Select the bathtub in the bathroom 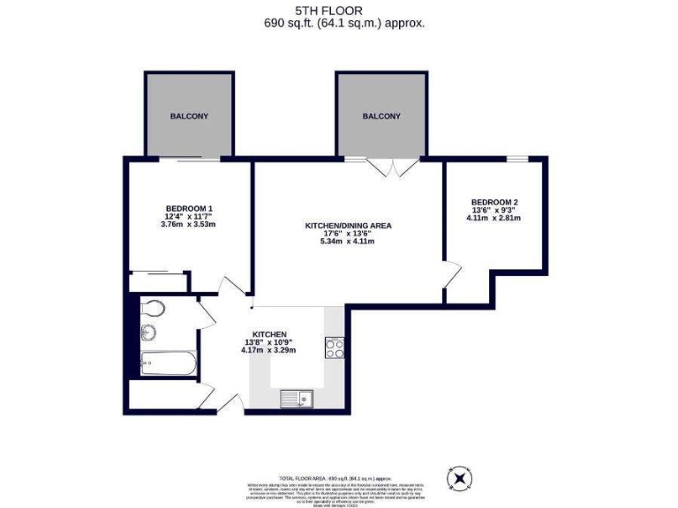click(x=169, y=362)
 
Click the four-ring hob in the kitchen click(x=335, y=347)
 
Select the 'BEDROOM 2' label click(x=493, y=200)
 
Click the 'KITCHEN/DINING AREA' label click(x=348, y=226)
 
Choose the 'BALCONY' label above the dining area click(x=381, y=116)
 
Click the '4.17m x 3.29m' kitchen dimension click(x=268, y=350)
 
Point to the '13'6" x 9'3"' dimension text click(x=493, y=209)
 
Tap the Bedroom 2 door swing click(x=452, y=275)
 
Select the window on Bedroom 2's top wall click(x=516, y=159)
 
